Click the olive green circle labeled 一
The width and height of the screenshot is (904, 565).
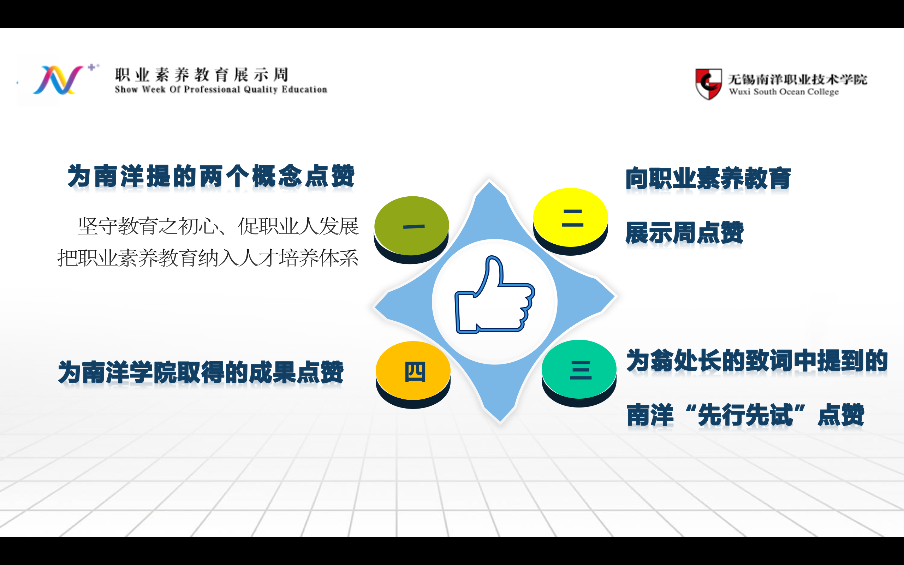point(411,226)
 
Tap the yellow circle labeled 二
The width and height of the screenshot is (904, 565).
point(570,218)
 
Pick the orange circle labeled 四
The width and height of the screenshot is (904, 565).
point(413,371)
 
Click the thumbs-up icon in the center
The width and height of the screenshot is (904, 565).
point(495,295)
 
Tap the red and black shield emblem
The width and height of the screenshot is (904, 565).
point(708,84)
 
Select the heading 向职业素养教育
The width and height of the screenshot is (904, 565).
point(708,179)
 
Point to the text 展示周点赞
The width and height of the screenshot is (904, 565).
point(684,233)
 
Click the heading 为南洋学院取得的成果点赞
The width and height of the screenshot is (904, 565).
point(201,372)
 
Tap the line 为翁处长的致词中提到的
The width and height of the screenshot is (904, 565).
point(757,361)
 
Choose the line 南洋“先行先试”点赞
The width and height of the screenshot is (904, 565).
point(745,415)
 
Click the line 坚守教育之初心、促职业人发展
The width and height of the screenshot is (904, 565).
point(219,226)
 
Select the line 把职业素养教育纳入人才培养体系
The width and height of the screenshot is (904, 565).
point(208,258)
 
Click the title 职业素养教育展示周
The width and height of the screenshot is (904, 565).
point(202,75)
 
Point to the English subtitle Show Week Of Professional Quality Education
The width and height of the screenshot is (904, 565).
point(221,90)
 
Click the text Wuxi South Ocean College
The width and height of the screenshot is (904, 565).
point(784,91)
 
